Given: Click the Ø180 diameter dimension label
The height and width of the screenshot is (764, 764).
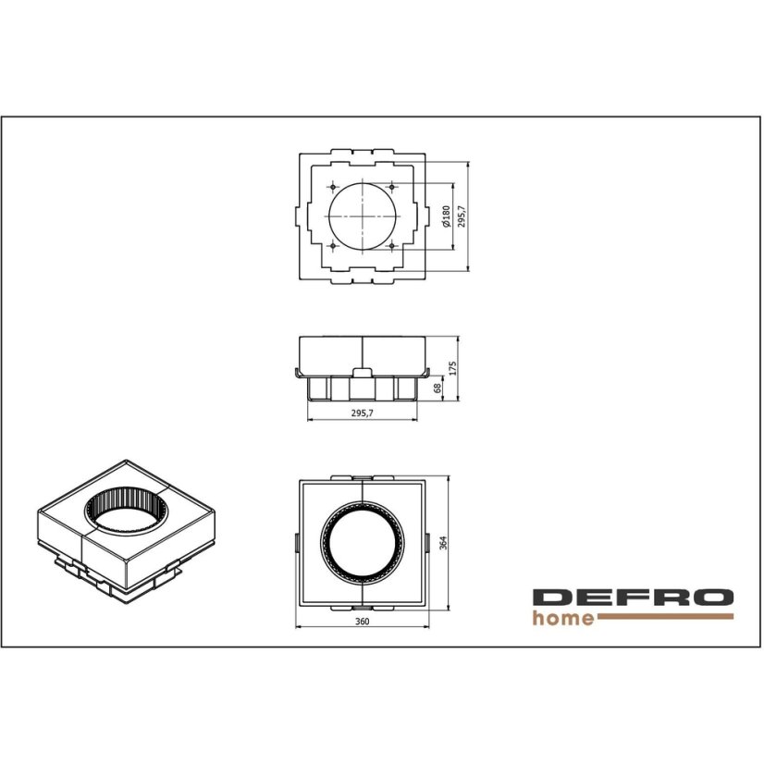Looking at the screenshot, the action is tap(445, 216).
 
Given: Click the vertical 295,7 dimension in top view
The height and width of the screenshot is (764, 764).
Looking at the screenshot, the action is tap(462, 216).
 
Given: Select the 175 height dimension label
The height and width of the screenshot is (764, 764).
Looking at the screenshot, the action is tap(452, 368).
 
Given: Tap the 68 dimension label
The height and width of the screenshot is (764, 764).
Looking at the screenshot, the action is tap(437, 388).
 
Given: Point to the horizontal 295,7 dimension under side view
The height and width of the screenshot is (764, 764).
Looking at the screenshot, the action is tap(362, 413).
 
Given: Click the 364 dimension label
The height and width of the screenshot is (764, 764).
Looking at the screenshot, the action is tap(443, 543).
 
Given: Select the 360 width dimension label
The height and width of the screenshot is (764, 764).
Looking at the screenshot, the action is tap(362, 622).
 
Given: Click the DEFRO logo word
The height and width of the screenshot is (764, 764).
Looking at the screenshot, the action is tap(633, 598).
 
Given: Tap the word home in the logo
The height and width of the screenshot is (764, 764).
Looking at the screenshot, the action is tap(563, 618).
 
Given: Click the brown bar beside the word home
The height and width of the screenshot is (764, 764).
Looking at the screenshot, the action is tap(665, 616).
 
